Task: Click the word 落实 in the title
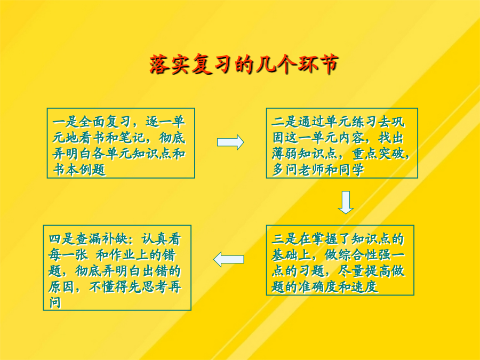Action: coord(170,65)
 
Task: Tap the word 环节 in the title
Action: coord(317,65)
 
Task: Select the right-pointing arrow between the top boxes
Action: coord(230,142)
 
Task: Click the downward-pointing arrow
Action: coord(346,202)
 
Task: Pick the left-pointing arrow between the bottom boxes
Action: coord(229,259)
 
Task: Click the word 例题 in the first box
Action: coord(92,170)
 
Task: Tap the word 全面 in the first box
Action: coord(92,122)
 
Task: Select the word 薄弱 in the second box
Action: coord(285,154)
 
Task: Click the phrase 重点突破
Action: coord(378,154)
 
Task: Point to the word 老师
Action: coord(311,170)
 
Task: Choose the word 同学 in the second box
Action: coord(351,170)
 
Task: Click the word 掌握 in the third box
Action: coord(324,239)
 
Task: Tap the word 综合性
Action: coord(357,255)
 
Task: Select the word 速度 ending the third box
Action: coord(364,287)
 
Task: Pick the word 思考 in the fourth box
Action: coord(155,287)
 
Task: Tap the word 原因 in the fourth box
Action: coord(61,287)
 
